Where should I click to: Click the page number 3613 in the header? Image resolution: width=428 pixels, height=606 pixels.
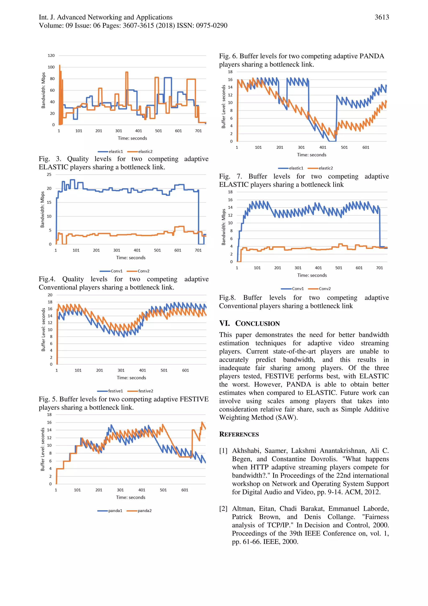click(x=382, y=17)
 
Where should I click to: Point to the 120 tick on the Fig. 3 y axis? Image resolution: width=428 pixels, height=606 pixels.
click(x=51, y=56)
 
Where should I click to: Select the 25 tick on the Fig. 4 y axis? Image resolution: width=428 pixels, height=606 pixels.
click(x=49, y=174)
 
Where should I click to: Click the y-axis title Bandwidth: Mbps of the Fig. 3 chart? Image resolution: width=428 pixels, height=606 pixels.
click(x=43, y=90)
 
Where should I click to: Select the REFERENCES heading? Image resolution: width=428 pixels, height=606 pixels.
click(x=239, y=434)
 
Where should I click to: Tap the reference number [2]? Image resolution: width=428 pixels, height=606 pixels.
click(x=223, y=509)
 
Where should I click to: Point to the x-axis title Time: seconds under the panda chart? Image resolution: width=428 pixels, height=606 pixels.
click(x=131, y=497)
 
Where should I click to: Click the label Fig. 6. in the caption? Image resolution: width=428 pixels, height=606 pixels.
click(x=228, y=56)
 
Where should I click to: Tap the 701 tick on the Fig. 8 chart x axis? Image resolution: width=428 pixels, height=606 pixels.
click(x=379, y=268)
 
